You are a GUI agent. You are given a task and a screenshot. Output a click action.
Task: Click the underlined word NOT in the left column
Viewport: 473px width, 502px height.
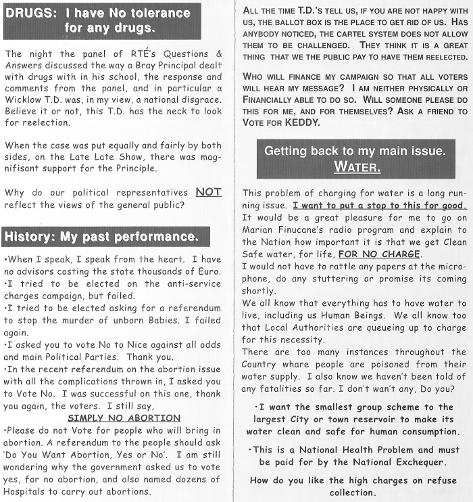[x=208, y=192]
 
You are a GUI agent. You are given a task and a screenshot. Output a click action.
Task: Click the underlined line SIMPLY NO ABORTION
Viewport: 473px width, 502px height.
[x=124, y=417]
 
